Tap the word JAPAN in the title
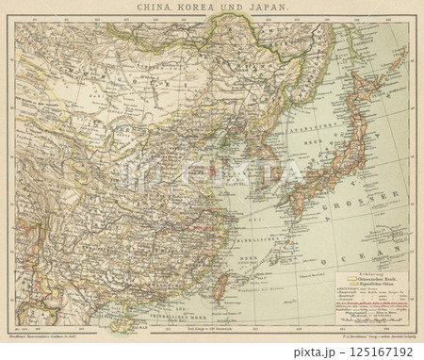coord(273,8)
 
